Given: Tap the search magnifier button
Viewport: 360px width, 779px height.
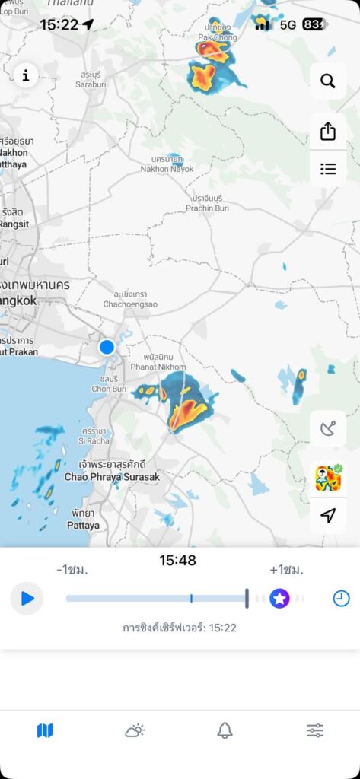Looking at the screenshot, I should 328,81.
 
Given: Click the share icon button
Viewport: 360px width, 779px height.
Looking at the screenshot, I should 328,131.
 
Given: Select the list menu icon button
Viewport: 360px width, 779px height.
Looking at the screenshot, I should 328,169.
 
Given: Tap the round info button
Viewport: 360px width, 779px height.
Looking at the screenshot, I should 26,75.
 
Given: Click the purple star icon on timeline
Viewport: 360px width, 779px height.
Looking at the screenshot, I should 279,599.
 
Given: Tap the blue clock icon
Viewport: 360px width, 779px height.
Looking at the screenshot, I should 341,599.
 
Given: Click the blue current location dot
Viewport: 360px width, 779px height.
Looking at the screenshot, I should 107,347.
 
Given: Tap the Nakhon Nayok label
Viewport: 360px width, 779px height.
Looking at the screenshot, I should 162,164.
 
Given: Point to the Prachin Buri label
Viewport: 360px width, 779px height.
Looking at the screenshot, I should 208,203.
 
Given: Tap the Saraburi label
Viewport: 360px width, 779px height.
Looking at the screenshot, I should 91,80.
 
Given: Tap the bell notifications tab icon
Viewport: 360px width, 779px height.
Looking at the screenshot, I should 225,731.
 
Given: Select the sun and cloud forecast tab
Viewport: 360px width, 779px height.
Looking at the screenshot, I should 135,731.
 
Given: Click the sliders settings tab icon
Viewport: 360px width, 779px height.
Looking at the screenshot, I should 314,731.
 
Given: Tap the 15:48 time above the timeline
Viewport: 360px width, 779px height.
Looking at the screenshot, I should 177,561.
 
